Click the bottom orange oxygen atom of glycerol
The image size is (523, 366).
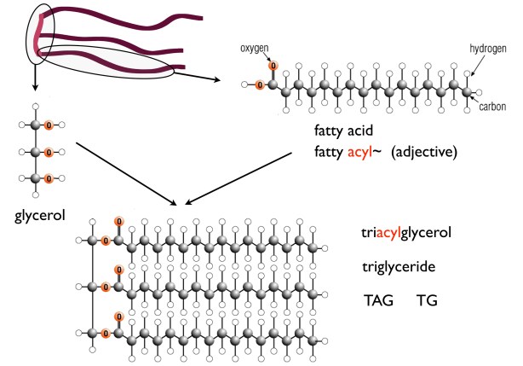click(x=49, y=179)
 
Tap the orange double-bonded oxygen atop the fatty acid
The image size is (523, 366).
click(x=273, y=66)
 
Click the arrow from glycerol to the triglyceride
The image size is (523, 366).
click(x=128, y=174)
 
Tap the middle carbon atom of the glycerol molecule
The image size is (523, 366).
click(x=35, y=153)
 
